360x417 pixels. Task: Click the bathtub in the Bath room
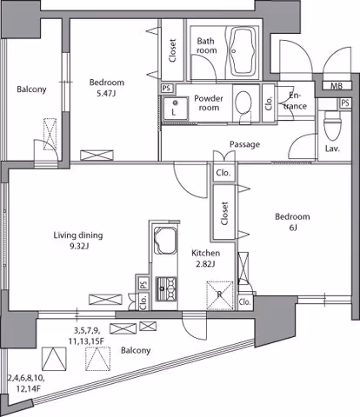point(242,51)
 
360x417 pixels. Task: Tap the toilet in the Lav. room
point(331,125)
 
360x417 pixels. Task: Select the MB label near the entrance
point(337,86)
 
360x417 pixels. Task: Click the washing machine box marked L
point(175,109)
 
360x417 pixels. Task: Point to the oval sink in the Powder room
point(243,104)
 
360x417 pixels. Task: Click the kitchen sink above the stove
point(165,241)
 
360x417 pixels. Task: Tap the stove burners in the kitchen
point(166,289)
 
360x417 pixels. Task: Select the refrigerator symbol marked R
point(220,295)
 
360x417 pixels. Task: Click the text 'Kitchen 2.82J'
point(206,258)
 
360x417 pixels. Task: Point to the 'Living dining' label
point(78,235)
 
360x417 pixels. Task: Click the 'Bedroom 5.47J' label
point(107,88)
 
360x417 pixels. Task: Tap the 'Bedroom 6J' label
point(292,222)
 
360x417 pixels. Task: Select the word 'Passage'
point(244,144)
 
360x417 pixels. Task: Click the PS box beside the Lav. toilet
point(345,103)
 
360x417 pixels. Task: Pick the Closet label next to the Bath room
point(173,50)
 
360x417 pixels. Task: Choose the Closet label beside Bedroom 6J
point(224,213)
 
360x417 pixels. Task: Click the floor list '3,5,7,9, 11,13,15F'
point(86,335)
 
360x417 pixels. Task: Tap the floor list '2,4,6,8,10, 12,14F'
point(26,383)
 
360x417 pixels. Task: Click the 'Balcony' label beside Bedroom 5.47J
point(31,89)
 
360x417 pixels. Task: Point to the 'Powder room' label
point(209,103)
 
